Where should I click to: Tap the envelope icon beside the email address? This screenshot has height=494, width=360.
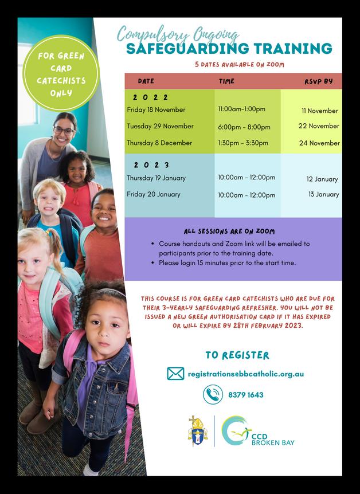tap(175, 374)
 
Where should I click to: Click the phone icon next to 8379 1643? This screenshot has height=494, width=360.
tap(213, 394)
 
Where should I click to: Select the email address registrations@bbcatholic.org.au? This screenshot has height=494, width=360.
tap(245, 374)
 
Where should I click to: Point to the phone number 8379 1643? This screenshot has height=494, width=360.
tap(245, 395)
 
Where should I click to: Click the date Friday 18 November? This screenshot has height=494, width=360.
tap(156, 109)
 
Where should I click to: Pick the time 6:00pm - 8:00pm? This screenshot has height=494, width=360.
tap(244, 127)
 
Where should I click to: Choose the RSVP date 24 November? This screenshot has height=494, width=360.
tap(319, 143)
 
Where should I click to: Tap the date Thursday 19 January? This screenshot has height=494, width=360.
tap(156, 178)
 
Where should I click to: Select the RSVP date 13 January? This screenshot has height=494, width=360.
tap(323, 194)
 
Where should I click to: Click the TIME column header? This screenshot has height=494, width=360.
tap(226, 81)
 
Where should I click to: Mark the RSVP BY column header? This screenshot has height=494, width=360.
tap(318, 81)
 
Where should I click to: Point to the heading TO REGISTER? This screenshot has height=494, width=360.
tap(237, 355)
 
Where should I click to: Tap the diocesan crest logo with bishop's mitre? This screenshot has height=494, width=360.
tap(198, 430)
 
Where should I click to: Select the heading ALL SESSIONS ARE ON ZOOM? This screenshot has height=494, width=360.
tap(229, 232)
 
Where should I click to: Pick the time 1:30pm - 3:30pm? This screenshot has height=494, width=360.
tap(243, 143)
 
